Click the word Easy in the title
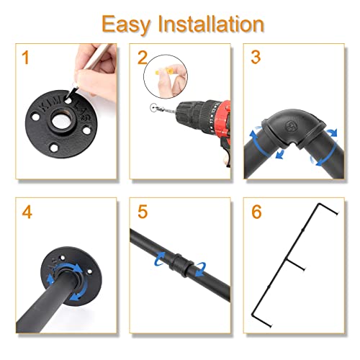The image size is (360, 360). (126, 25)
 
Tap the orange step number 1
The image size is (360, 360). (25, 58)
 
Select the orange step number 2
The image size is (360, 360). (143, 58)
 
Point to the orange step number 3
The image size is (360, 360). (256, 57)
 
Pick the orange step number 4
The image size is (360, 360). (27, 212)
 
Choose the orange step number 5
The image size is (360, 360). (143, 212)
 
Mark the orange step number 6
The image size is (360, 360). (256, 212)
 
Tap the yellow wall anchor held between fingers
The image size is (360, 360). (164, 71)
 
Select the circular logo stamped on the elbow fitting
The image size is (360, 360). (290, 125)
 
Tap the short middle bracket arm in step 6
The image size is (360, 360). (295, 264)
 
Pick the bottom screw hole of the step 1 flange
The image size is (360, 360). (54, 148)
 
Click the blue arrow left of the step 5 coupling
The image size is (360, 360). (160, 258)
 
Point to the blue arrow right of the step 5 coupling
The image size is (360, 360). (201, 269)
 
